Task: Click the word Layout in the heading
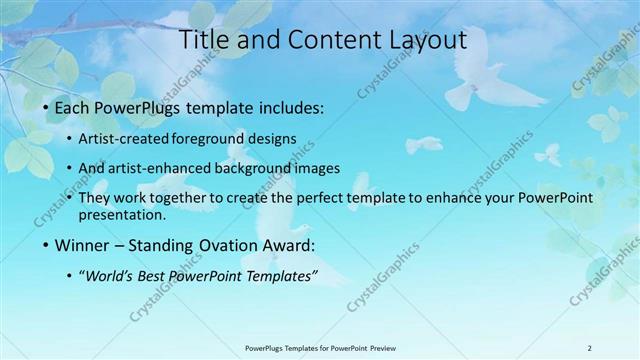[x=420, y=41]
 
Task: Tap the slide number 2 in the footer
[x=589, y=348]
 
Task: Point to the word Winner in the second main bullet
[x=83, y=245]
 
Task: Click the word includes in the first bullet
[x=291, y=106]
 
